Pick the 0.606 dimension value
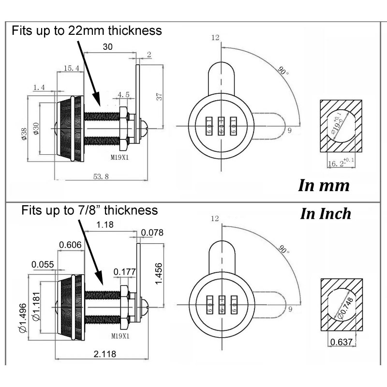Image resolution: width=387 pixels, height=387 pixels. [70, 245]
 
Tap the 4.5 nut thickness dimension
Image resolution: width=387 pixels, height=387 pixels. [123, 95]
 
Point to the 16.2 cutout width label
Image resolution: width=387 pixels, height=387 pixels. [339, 164]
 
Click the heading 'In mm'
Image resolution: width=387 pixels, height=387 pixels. [323, 186]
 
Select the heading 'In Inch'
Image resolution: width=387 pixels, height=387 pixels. [326, 214]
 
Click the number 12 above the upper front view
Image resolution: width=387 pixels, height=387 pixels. [215, 38]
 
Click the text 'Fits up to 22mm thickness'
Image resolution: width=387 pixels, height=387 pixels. [87, 31]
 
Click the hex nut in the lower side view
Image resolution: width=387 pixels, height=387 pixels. [123, 305]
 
